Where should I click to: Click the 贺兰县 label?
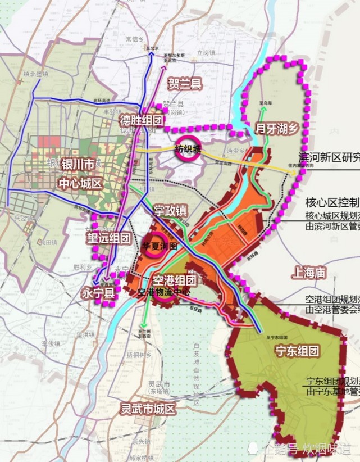[185, 84]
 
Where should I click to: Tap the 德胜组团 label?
[141, 120]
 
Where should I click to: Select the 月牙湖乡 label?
[276, 128]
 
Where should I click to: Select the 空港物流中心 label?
[165, 293]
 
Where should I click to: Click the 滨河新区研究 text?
[329, 157]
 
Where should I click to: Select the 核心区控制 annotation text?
[332, 202]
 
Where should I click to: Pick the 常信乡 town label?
[135, 39]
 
